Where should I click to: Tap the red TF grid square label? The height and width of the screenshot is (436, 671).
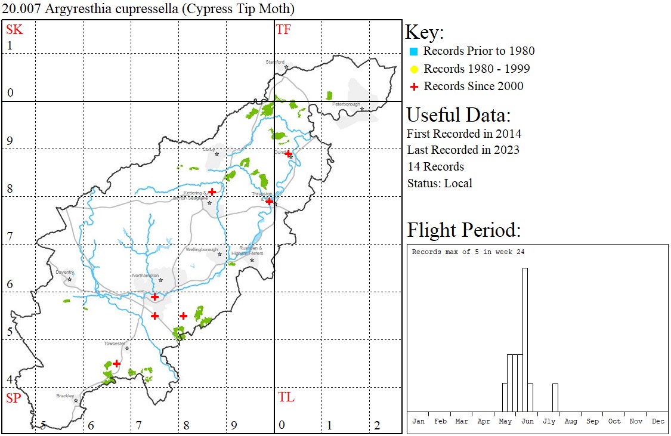tap(283, 29)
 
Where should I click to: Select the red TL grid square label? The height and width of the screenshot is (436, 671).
tap(286, 397)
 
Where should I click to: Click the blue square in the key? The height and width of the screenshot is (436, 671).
tap(413, 51)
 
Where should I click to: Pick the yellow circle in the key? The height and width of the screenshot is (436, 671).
tap(413, 69)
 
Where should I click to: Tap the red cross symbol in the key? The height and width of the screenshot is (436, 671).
tap(413, 86)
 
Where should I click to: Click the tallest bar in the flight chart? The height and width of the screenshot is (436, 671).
tap(525, 339)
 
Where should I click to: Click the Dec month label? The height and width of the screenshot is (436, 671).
tap(658, 421)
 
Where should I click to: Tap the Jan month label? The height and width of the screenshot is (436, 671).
tap(419, 421)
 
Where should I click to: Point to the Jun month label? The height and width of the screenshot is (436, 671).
tap(527, 421)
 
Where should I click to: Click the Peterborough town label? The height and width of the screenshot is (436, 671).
tap(347, 104)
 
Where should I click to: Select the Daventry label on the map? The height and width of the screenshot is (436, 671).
tap(64, 273)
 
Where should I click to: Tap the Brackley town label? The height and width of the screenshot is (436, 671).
tap(65, 395)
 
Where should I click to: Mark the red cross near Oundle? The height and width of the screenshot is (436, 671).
tap(288, 154)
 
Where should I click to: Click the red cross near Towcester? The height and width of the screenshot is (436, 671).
tap(117, 363)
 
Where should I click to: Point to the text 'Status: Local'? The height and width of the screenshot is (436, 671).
tap(440, 183)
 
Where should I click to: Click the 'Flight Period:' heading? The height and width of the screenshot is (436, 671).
tap(464, 230)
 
